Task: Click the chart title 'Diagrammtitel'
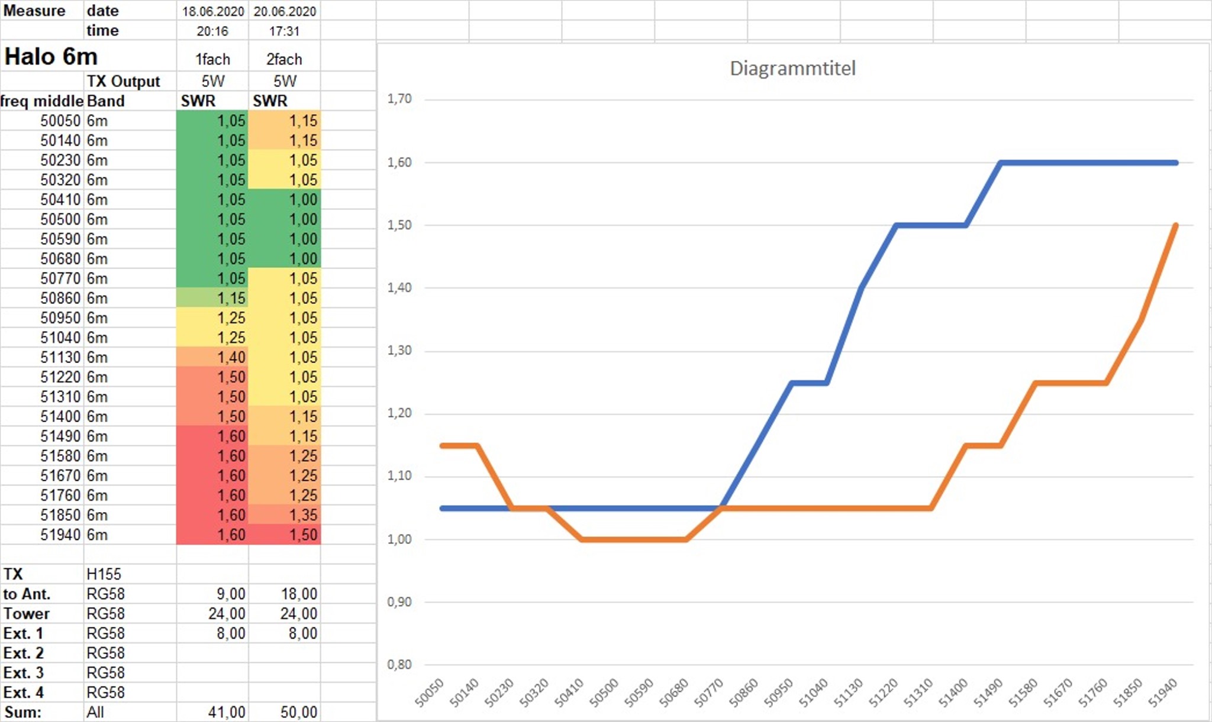click(x=792, y=69)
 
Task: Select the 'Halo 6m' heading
click(x=51, y=57)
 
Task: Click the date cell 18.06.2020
click(x=212, y=11)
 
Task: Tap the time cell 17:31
click(x=284, y=31)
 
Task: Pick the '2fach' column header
click(x=284, y=59)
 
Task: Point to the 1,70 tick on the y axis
click(x=399, y=99)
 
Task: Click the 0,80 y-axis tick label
click(x=399, y=665)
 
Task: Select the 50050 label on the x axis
click(x=430, y=693)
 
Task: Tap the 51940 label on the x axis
click(x=1163, y=693)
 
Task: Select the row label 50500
click(x=60, y=219)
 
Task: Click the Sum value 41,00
click(x=227, y=712)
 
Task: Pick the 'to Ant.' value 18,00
click(x=299, y=594)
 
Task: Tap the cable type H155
click(x=104, y=574)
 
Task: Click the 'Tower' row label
click(x=27, y=614)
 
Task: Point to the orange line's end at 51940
click(x=1175, y=225)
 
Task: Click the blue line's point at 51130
click(x=860, y=288)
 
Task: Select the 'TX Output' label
click(x=123, y=82)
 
